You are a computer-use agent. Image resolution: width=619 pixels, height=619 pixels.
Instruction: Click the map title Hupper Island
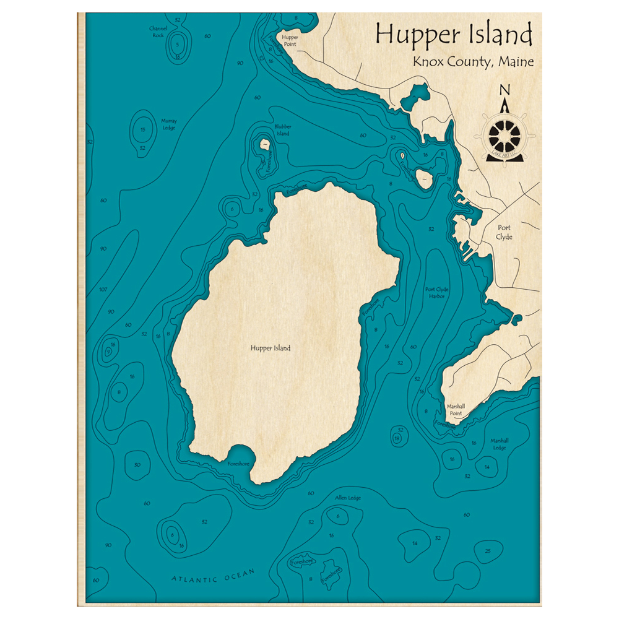coord(454,34)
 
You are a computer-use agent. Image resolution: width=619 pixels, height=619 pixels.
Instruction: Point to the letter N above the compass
coord(504,90)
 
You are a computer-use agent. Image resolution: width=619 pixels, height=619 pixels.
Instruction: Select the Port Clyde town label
coord(504,232)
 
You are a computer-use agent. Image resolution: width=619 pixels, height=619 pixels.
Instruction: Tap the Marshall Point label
coord(456,410)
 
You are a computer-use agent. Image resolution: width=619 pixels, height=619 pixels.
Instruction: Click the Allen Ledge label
coord(347,498)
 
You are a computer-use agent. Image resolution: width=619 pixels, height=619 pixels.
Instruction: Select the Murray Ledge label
coord(169,124)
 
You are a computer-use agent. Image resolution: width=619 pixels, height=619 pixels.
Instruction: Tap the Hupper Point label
coord(290,40)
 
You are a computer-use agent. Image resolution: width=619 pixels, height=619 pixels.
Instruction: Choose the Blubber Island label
coord(282,130)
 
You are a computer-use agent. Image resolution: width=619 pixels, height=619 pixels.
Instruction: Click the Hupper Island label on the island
coord(271,348)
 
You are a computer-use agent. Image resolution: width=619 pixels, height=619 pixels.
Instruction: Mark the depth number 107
coord(103,290)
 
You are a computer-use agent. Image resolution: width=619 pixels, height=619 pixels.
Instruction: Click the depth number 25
coord(488,551)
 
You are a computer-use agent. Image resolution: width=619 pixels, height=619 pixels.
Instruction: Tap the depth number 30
coord(137,464)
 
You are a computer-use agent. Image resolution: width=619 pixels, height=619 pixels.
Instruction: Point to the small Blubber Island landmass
coord(264,145)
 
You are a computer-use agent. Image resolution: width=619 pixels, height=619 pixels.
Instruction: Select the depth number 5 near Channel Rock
coord(177,45)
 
